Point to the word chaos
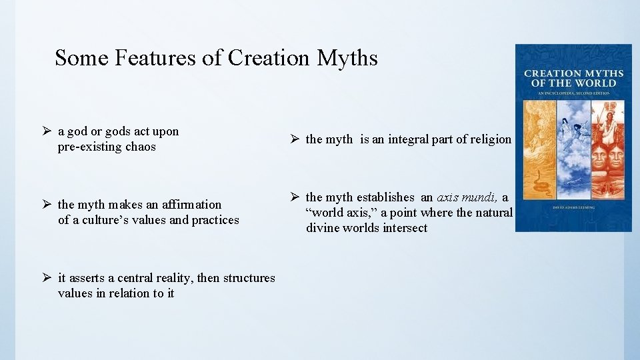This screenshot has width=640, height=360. [x=141, y=147]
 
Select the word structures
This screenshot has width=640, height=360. [x=249, y=278]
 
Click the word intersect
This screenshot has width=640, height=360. [x=403, y=228]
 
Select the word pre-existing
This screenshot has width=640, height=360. [x=91, y=147]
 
